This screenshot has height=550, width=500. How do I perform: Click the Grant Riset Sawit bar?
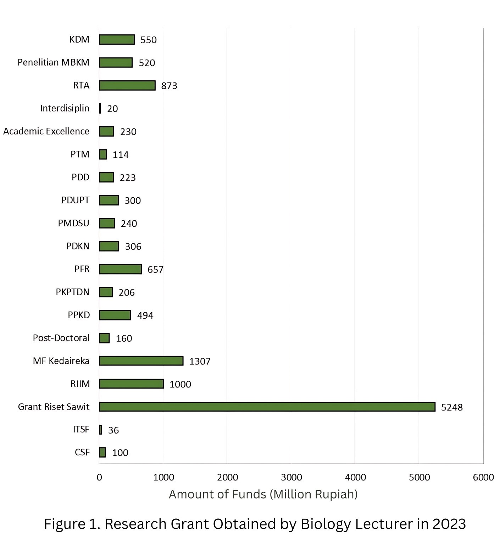click(267, 407)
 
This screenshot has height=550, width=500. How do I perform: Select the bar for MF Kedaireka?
click(141, 361)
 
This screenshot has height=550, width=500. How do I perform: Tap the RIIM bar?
click(131, 384)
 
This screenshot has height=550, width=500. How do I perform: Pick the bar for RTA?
click(127, 86)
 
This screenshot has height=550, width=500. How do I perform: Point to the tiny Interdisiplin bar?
click(100, 108)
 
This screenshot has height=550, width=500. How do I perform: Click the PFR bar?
click(120, 269)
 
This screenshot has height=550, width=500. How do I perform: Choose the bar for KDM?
click(117, 39)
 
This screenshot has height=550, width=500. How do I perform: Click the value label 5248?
click(452, 407)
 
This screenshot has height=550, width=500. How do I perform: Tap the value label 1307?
click(200, 361)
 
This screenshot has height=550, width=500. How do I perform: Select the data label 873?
click(169, 86)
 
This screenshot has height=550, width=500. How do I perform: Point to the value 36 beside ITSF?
click(113, 430)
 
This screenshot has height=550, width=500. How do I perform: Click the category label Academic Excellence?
click(46, 131)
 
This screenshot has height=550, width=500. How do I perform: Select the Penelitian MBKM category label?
click(54, 62)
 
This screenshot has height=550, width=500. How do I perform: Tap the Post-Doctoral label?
click(61, 338)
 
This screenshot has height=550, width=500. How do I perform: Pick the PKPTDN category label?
click(72, 292)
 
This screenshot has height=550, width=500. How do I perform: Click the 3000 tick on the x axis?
click(291, 477)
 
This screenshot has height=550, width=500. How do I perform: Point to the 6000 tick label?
click(483, 477)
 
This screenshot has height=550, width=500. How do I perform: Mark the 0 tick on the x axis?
click(99, 477)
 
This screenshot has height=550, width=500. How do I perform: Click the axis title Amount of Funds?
click(263, 494)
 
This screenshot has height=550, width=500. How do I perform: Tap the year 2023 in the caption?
click(449, 524)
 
